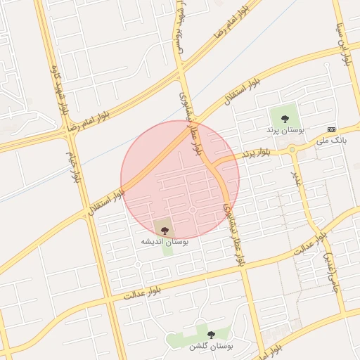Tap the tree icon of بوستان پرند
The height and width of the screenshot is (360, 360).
pos(285,118)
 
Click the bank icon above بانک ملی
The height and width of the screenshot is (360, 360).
pos(332,129)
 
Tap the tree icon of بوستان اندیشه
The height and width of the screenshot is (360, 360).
pos(165,229)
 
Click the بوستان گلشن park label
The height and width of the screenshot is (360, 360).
pos(210,347)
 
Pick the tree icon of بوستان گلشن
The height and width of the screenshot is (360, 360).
pos(211,335)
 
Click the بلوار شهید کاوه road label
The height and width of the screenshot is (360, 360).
pos(61,89)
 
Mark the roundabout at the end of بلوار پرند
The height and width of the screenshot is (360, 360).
pos(292,149)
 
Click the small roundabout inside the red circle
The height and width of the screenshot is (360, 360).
pos(192,210)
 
